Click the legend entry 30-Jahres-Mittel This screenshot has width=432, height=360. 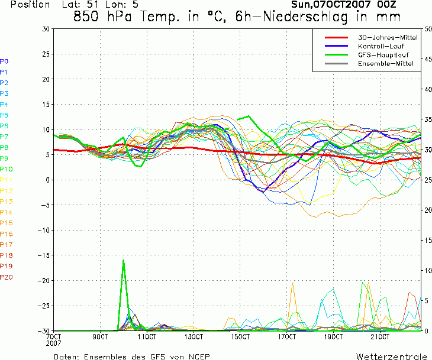point(388,37)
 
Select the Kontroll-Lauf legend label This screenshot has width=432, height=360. point(381,46)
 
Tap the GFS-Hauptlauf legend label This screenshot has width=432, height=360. point(383,55)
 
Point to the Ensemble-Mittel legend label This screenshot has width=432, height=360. point(386,63)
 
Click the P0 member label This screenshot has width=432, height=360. point(4,61)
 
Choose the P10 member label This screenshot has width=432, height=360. point(7,169)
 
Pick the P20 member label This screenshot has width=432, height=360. point(7,277)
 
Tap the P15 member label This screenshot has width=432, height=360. point(7,223)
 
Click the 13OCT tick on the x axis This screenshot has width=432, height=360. point(194,337)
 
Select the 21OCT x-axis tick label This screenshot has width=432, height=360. point(380,337)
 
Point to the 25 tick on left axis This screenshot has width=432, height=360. point(46,54)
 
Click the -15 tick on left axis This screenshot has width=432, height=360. point(44,255)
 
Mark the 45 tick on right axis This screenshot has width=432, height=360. point(428,59)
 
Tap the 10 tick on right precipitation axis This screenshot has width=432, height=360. point(428,271)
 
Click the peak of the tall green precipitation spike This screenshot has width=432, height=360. point(124,260)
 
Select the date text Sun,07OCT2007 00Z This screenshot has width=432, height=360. point(344,4)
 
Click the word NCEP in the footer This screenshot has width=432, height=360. point(199,356)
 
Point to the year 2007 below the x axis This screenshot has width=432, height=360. point(53,343)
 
